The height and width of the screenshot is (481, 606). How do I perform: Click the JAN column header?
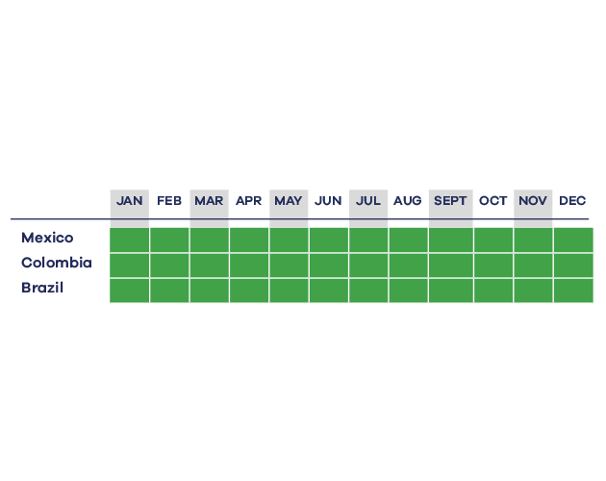coord(130,201)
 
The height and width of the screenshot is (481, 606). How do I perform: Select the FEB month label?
coord(169,201)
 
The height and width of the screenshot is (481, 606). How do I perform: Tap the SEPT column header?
coord(450,201)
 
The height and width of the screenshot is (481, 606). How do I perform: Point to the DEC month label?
coord(572,201)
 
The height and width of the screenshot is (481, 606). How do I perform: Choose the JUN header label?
coord(328,201)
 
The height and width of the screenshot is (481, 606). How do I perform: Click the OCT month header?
coord(492,201)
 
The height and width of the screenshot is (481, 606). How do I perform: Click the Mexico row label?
coord(47,238)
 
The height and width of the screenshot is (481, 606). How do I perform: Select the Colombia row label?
coord(57,263)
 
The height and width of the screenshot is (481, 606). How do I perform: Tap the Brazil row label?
coord(42,288)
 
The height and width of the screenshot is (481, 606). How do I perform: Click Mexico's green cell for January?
coord(130,240)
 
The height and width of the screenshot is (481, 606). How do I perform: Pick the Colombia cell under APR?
coord(249,266)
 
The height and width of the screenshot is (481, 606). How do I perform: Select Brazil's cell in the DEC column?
coord(573,291)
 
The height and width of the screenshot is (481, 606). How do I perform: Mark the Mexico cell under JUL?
coord(368,240)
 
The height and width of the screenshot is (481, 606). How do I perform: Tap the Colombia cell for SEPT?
coord(451,266)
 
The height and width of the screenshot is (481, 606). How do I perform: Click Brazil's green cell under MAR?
coord(209,291)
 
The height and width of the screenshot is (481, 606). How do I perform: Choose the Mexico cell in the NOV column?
coord(533,240)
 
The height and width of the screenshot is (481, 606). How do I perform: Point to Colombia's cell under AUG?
coord(409,266)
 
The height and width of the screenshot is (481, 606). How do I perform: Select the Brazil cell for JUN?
coord(329,291)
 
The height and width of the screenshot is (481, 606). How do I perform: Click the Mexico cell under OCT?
coord(493,240)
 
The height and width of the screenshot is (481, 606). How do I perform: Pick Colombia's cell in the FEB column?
coord(169,266)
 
